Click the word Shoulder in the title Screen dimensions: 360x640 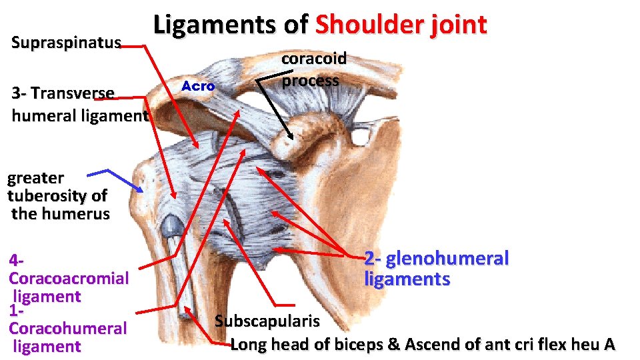[x=376, y=25]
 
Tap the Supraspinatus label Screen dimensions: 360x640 [x=66, y=43]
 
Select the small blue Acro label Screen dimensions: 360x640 [x=198, y=86]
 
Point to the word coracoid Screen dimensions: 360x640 [x=314, y=58]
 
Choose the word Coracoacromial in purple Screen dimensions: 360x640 [x=68, y=278]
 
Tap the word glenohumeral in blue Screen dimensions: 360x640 [x=447, y=258]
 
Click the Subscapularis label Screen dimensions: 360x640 [x=267, y=321]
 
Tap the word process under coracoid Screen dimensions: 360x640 [x=310, y=81]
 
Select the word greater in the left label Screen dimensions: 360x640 [x=35, y=178]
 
